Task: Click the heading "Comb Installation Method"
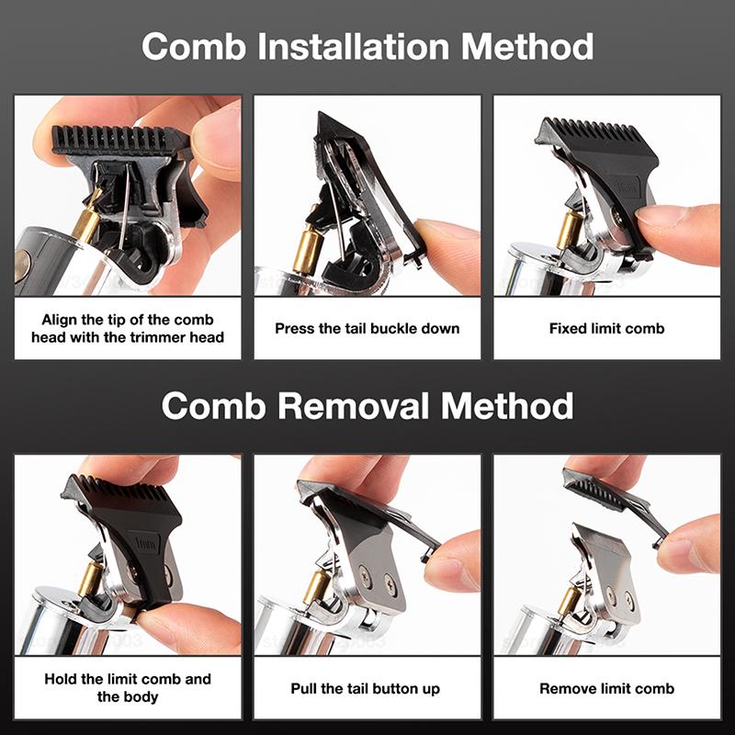coord(367,45)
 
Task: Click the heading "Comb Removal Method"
coord(367,405)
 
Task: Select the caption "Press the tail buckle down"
coord(367,328)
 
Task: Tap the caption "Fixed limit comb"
coord(606,328)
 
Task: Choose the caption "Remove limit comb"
coord(606,688)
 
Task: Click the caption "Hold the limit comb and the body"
coord(128,688)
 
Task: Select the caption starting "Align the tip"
coord(128,328)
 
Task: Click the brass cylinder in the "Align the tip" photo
coord(88,221)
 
